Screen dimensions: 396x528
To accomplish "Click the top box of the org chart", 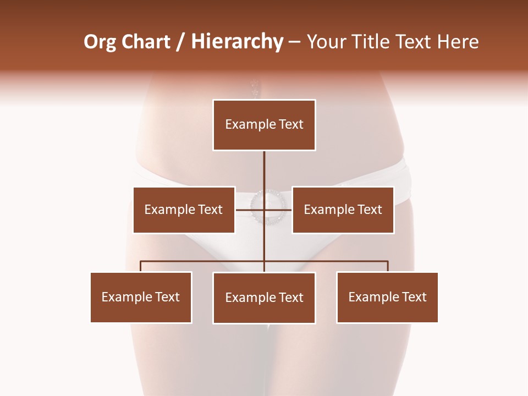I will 264,125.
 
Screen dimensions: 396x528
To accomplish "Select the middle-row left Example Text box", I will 184,210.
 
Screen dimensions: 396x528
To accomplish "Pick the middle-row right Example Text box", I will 343,210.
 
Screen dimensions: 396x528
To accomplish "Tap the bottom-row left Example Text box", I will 141,297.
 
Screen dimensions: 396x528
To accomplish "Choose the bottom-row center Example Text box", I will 264,298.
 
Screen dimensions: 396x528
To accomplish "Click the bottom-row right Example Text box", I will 387,297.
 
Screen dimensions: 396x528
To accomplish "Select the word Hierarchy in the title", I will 237,42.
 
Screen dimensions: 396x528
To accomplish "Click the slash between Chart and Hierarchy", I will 181,42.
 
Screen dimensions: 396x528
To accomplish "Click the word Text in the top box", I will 291,124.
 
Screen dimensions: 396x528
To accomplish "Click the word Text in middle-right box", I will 370,210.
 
